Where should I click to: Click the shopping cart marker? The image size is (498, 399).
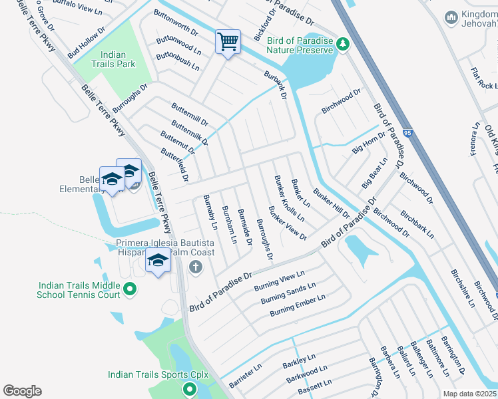click(228, 43)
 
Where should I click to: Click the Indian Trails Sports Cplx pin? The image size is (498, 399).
click(190, 390)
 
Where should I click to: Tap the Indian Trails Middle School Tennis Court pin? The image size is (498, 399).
click(130, 289)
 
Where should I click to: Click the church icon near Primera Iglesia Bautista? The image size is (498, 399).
click(195, 267)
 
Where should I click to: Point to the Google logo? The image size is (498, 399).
click(22, 391)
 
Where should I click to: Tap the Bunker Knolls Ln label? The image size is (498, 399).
click(290, 199)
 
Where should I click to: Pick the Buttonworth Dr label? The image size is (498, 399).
click(176, 31)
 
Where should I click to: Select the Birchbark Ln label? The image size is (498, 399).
click(417, 225)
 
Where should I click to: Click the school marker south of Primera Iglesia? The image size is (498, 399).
click(157, 261)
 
